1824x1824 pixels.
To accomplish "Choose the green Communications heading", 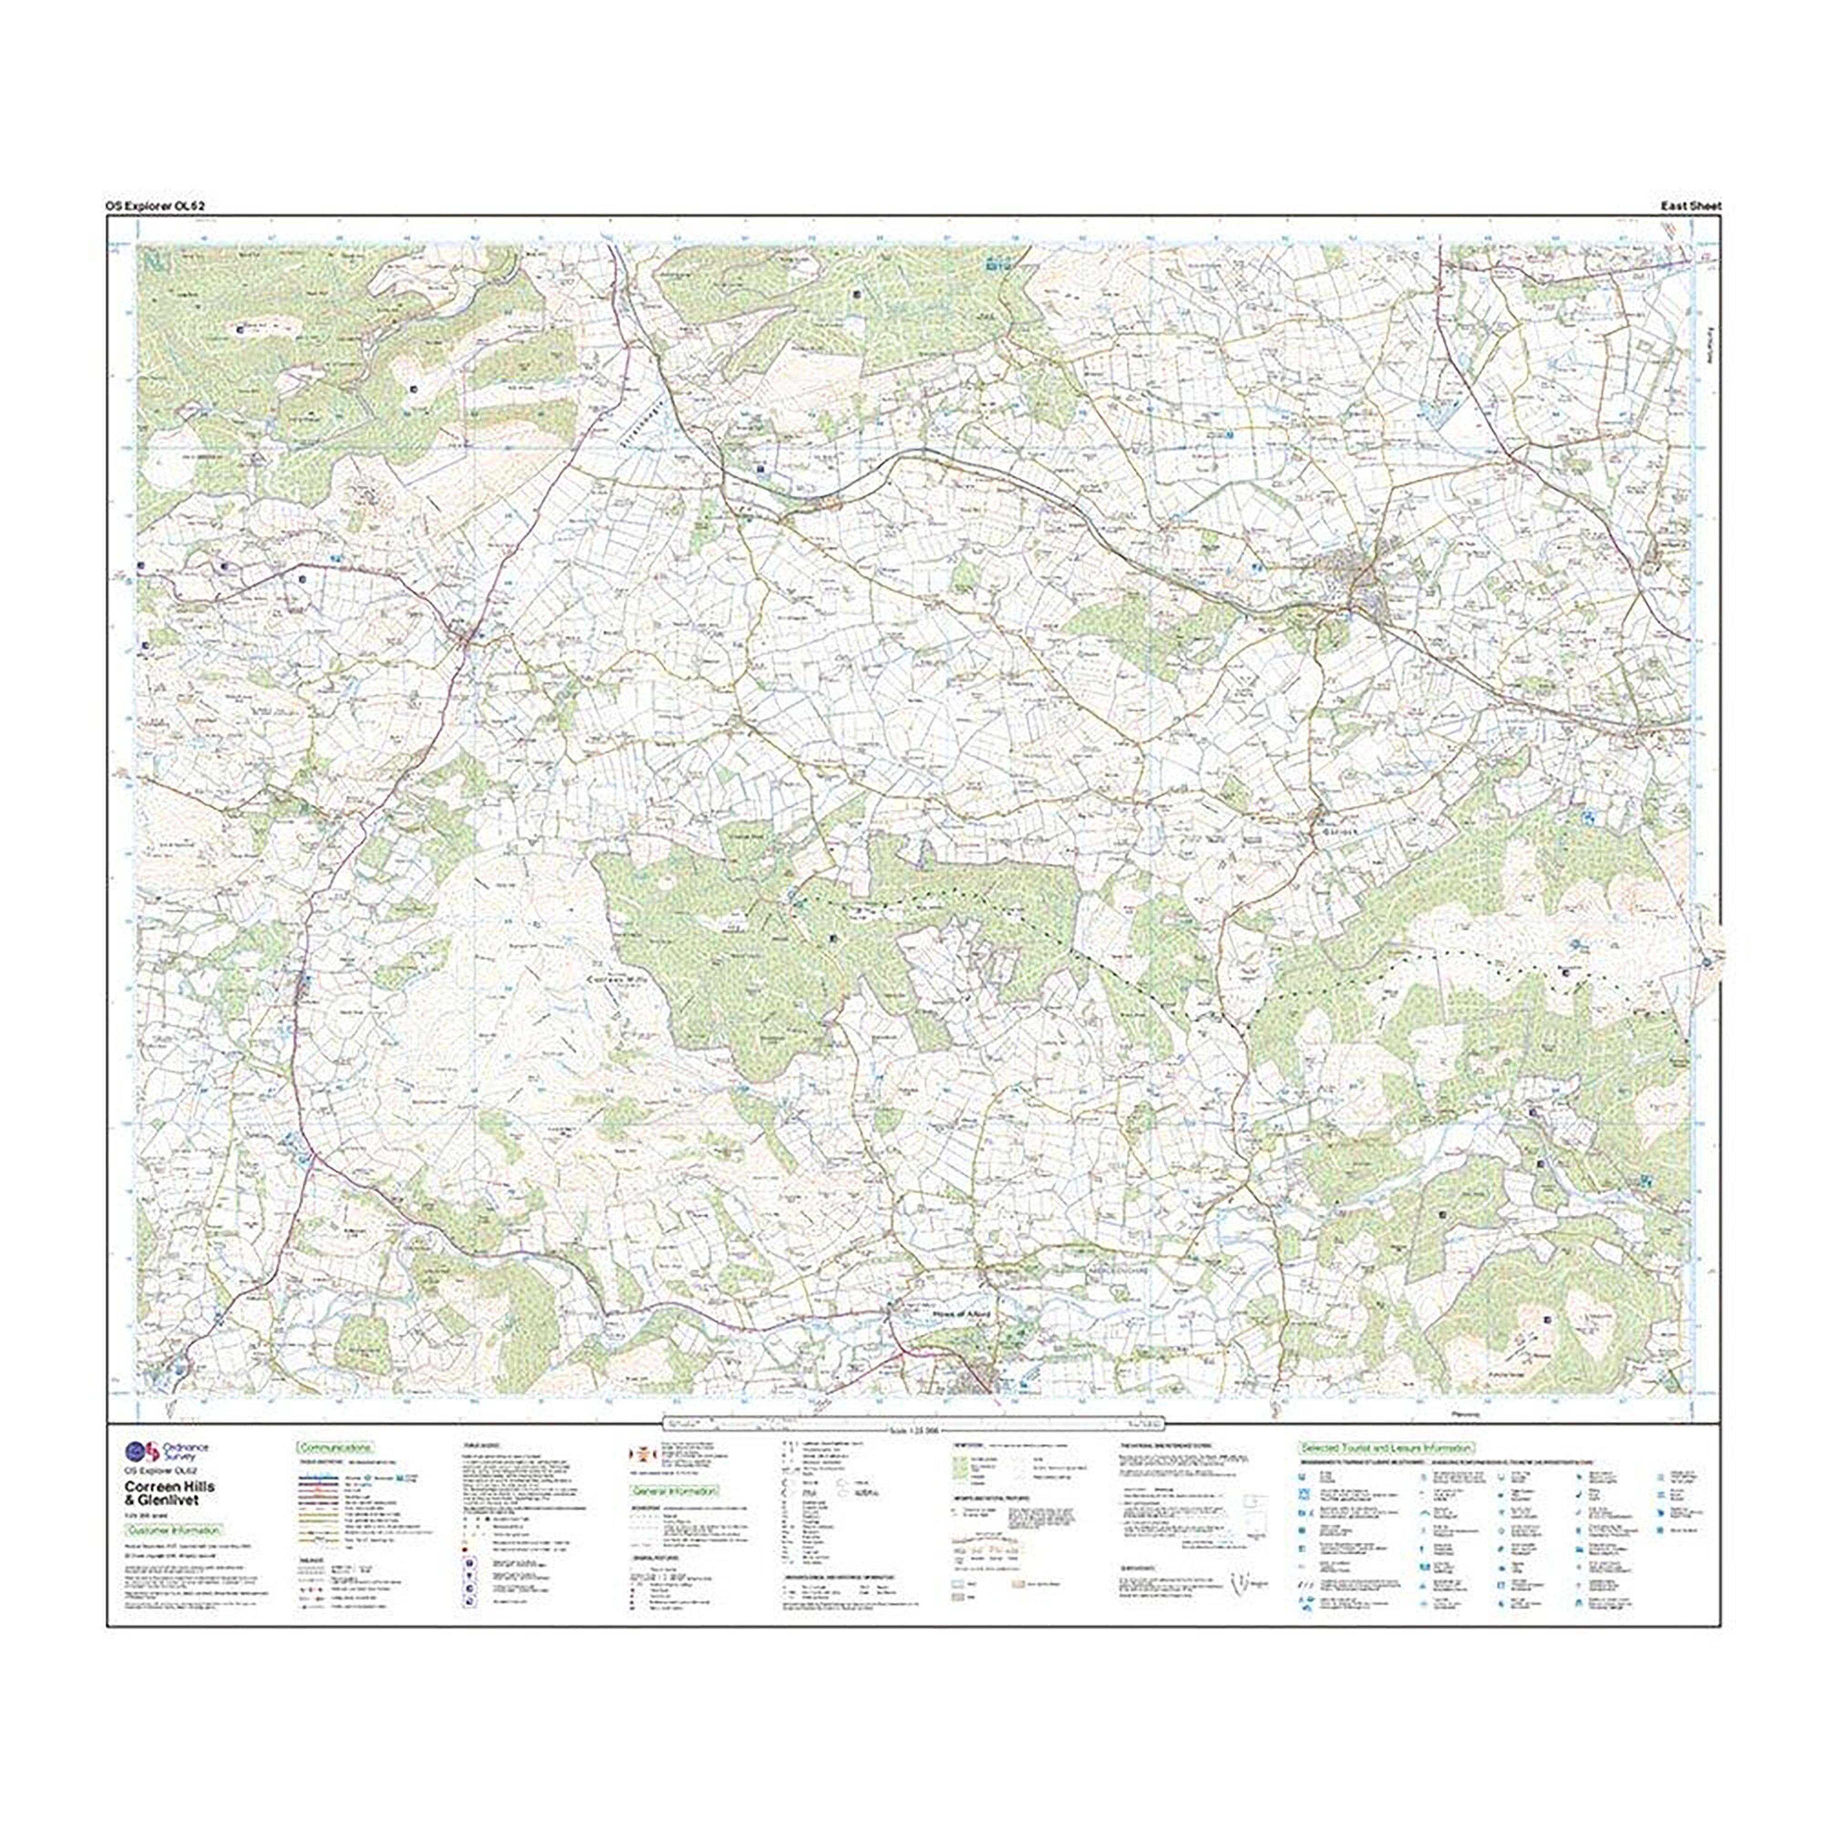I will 335,1447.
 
